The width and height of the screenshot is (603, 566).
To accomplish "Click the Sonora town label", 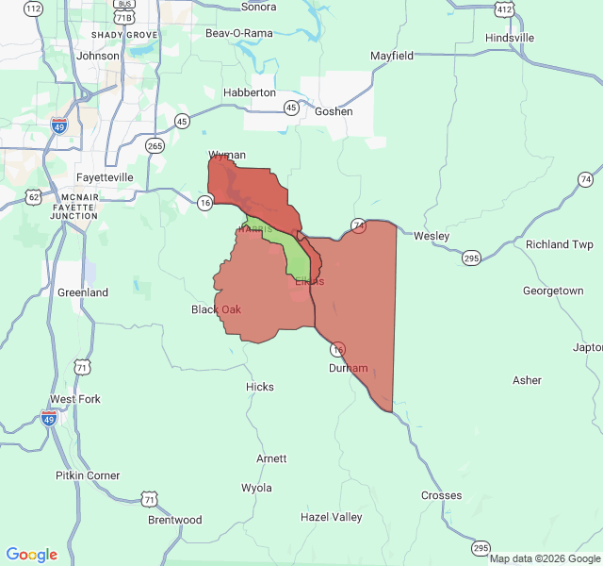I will pos(259,7).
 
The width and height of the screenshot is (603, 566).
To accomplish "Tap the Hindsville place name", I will pos(510,38).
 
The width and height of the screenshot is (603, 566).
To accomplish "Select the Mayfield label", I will pos(392,56).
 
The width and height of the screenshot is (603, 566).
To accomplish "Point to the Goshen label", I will pos(334,111).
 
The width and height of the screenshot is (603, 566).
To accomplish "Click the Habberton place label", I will pos(250,92).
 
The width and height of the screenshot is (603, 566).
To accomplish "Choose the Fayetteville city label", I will pos(105,177).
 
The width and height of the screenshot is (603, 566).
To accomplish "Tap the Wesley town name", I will pos(432,236).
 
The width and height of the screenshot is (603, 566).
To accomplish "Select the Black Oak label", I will pos(218,309).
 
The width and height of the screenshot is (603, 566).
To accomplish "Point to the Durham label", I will pos(348,368).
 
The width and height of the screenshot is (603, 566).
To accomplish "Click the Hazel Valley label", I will pos(331,517).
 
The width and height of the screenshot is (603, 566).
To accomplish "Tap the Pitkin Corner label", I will pos(88,475).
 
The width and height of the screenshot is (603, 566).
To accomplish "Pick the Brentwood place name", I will pos(175,520).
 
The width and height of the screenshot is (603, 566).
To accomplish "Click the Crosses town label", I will pos(441,495).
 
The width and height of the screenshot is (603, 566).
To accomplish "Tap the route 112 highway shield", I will pos(34,8).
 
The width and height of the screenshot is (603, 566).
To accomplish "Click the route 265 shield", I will pos(155,145).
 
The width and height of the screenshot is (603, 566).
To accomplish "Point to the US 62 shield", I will pos(34,197).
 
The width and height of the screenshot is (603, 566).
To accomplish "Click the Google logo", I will pos(31,555).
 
